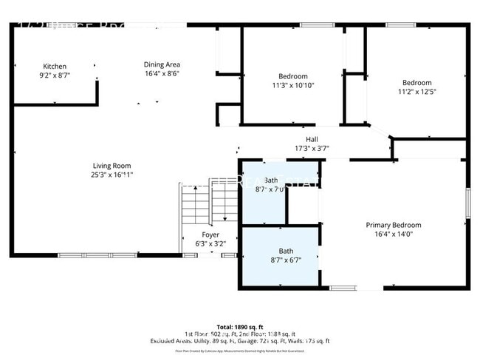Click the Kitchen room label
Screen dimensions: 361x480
click(55, 67)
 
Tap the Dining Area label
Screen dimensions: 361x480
click(162, 64)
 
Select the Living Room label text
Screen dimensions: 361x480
click(112, 166)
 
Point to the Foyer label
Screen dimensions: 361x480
click(210, 235)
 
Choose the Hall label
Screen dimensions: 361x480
click(312, 139)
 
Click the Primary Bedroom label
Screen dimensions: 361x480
click(393, 225)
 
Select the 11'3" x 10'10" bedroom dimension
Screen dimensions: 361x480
click(292, 86)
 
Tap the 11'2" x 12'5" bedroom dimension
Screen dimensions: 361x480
click(416, 92)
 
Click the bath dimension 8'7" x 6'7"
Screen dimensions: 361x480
click(285, 260)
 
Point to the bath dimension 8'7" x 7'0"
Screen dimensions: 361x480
click(271, 189)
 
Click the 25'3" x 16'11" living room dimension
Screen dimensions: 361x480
click(112, 175)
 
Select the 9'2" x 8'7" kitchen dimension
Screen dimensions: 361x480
click(55, 75)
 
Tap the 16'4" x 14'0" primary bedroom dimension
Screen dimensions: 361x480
click(393, 234)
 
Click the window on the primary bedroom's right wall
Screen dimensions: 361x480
click(467, 203)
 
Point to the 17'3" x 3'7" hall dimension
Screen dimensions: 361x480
click(312, 148)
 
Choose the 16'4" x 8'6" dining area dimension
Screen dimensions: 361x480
click(162, 73)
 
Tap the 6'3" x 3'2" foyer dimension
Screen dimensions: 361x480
click(210, 243)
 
